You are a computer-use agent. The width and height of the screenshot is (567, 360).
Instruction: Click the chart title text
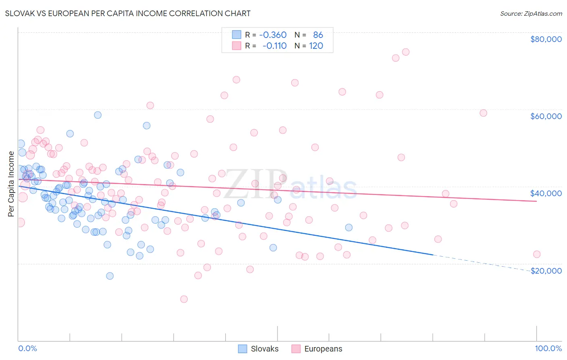pos(128,13)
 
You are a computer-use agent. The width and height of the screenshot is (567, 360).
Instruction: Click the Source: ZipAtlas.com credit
pos(531,13)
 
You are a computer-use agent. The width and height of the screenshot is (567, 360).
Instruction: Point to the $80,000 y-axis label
pos(546,39)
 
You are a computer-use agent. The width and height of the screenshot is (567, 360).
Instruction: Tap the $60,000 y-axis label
pos(546,116)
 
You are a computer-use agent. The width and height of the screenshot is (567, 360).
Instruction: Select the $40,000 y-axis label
pos(546,193)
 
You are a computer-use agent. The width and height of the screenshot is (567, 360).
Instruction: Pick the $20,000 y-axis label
pos(546,271)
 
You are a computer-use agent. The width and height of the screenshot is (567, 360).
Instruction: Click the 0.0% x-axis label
pos(27,348)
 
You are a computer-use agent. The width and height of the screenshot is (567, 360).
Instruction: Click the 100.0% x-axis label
pos(548,348)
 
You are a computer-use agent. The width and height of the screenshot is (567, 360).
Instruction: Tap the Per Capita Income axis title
pos(11,184)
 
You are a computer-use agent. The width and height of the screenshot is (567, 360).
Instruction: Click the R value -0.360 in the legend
pos(273,35)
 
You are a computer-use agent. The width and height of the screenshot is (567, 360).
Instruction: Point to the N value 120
pos(316,46)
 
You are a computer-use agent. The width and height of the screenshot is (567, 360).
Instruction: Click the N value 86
pos(318,35)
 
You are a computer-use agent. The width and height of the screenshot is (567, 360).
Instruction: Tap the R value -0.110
pos(274,46)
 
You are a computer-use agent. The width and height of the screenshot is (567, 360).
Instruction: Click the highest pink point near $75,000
pos(406,52)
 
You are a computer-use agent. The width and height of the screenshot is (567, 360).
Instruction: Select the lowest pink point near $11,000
pos(184,299)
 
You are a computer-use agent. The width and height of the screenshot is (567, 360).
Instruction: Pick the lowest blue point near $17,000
pos(110,276)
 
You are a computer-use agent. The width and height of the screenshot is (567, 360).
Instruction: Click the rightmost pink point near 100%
pos(536,254)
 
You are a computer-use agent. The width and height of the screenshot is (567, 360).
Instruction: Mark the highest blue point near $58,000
pos(98,115)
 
